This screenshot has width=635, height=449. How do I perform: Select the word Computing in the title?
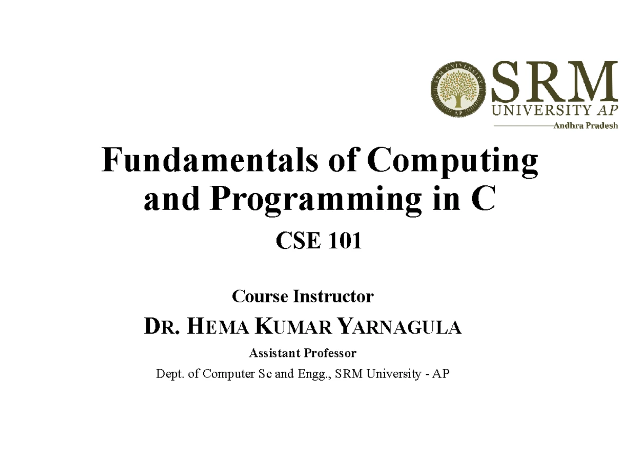[x=453, y=161]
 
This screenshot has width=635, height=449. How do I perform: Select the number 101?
[x=344, y=242]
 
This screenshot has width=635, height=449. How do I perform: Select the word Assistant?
[x=274, y=353]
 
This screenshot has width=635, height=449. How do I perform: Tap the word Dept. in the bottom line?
[x=169, y=374]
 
